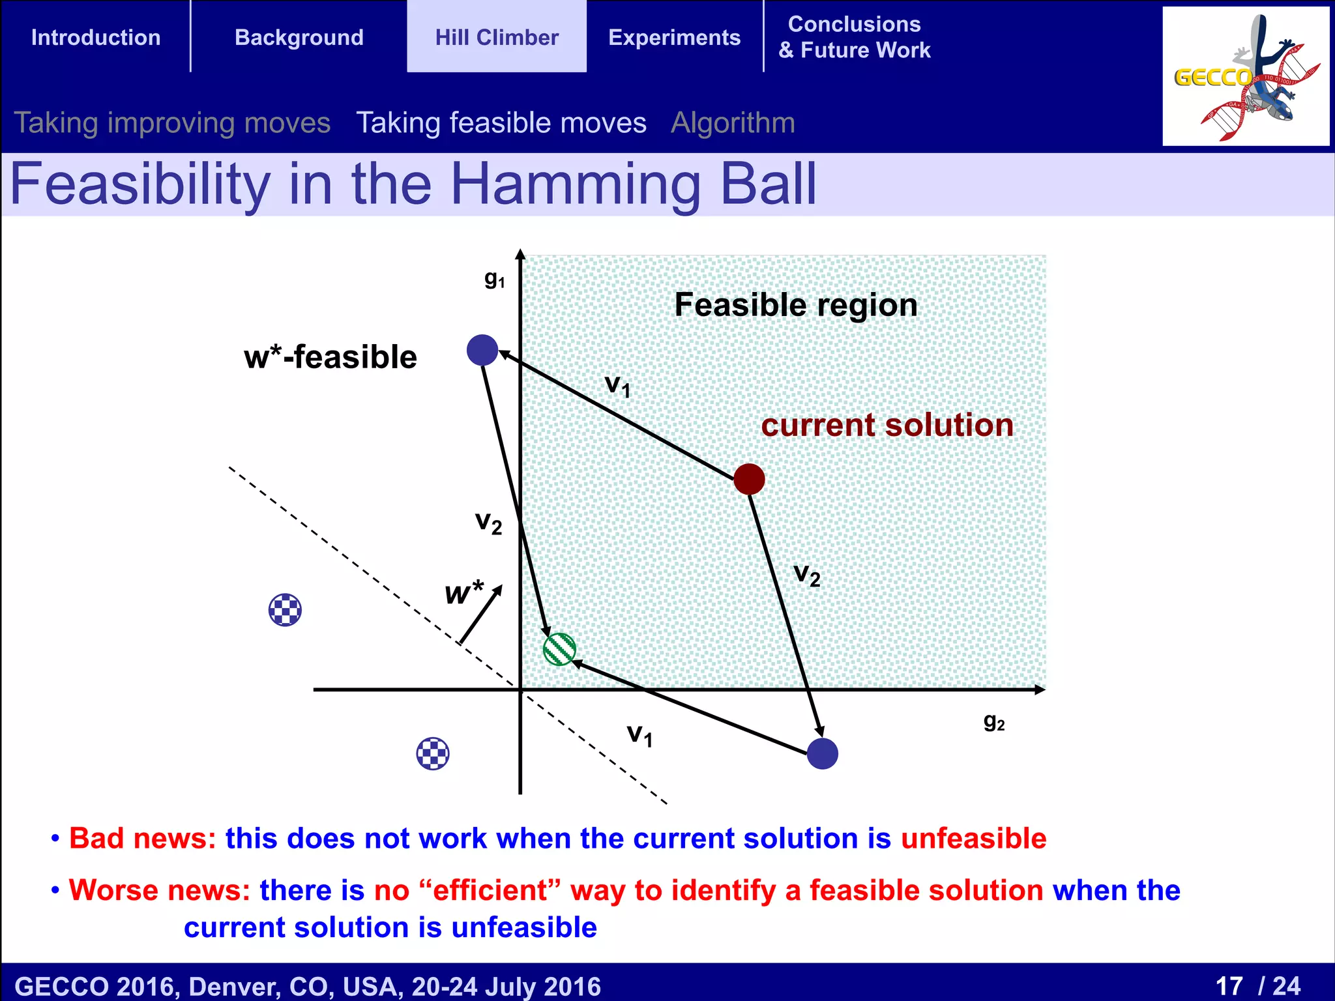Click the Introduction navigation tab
(x=96, y=37)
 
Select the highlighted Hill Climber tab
(x=497, y=37)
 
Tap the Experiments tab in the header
(x=674, y=37)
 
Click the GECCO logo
(x=1245, y=77)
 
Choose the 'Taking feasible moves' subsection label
(x=501, y=123)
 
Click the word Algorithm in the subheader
(x=733, y=123)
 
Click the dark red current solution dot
(x=749, y=480)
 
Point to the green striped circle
(x=559, y=649)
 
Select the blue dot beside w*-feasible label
(x=482, y=350)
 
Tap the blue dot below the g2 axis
(x=822, y=753)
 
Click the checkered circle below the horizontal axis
(x=433, y=754)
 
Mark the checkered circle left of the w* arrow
(x=285, y=610)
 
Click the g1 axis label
(x=494, y=279)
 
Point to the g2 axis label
(x=994, y=721)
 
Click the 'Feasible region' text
(x=795, y=304)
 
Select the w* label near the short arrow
(x=463, y=592)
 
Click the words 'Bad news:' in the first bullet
(x=142, y=838)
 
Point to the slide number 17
(x=1229, y=985)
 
